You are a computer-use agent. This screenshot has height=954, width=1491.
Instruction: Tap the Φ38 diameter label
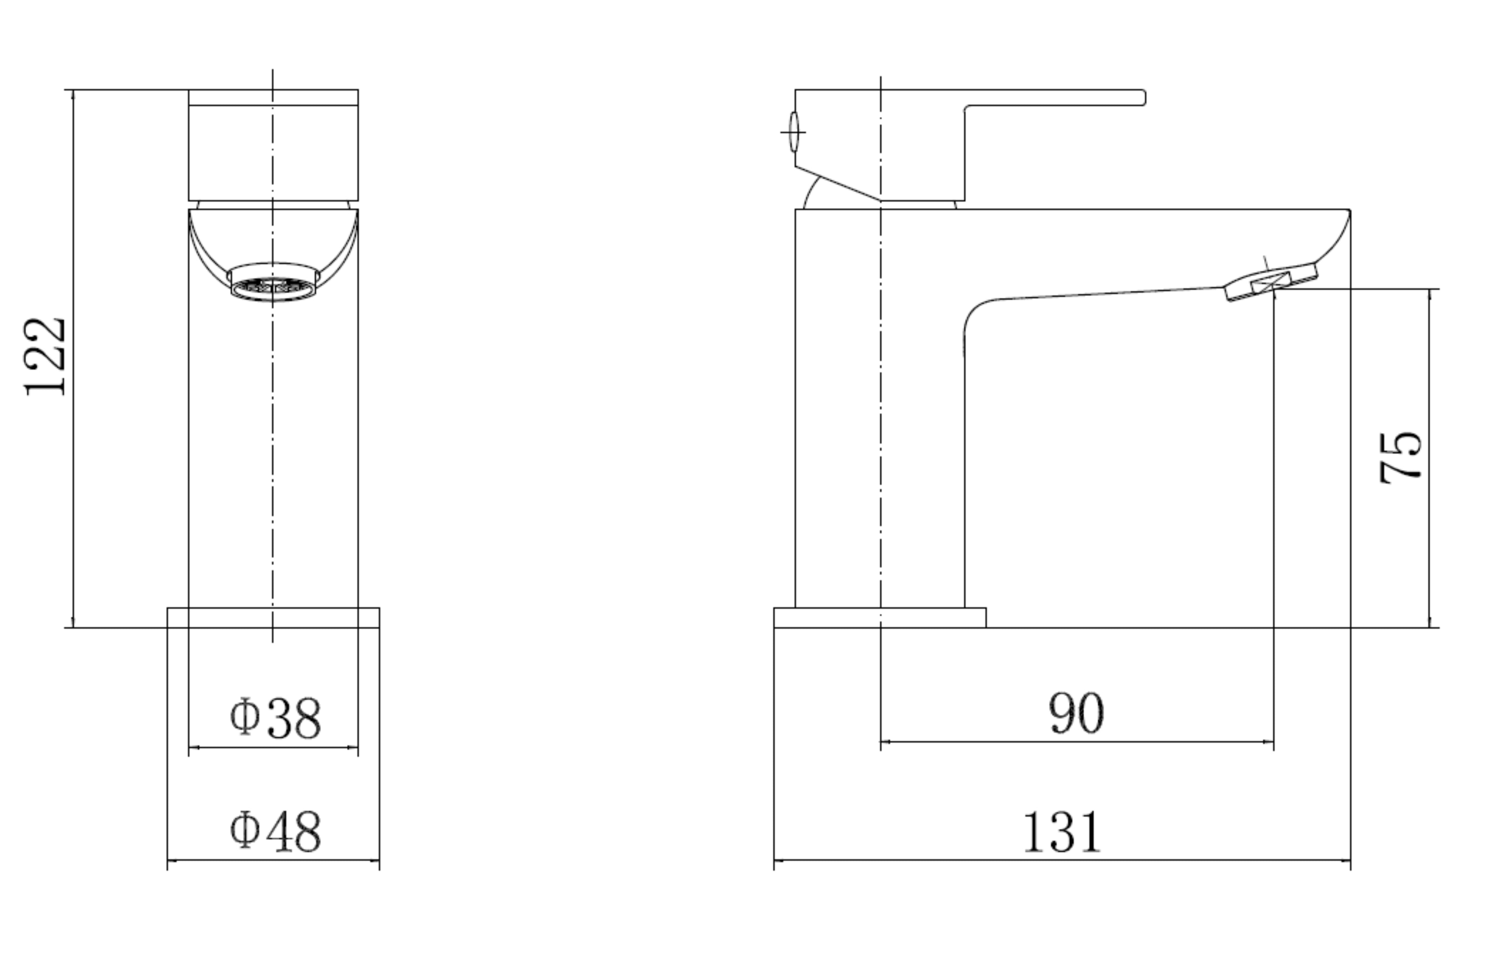tap(275, 718)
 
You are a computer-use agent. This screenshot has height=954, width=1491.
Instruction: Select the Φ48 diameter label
tap(275, 831)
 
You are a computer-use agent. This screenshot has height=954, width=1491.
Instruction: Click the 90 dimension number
tap(1076, 713)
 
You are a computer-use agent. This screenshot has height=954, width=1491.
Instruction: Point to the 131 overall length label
tap(1062, 832)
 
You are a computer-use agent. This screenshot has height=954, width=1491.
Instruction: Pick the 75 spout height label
tap(1401, 458)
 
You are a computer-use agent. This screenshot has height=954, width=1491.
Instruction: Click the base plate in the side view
tap(879, 617)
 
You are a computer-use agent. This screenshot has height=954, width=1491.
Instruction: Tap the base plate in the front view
tap(273, 617)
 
